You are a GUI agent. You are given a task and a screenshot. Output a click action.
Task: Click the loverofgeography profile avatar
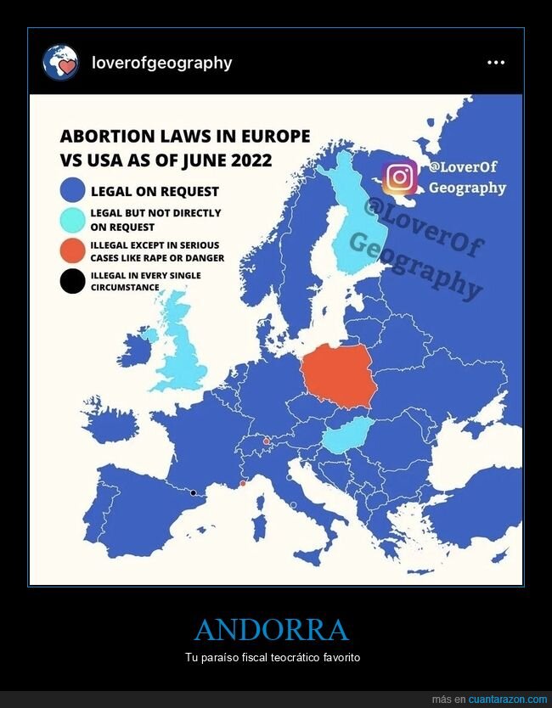coord(60,63)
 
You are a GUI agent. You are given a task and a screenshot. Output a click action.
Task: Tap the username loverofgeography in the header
coord(161,63)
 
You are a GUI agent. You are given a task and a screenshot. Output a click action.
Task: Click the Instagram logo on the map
coord(399,177)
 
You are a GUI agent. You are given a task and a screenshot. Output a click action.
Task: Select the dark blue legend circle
coord(73,191)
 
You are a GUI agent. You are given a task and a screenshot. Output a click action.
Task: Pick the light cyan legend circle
coord(73,220)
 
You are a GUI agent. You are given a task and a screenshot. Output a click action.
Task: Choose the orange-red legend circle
coord(73,251)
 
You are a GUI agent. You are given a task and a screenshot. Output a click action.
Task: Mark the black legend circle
coord(73,280)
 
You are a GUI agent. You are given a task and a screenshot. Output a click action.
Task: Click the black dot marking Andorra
coord(194,492)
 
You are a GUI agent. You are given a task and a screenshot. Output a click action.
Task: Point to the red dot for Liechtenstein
coord(267,441)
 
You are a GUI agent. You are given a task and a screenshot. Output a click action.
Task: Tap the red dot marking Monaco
coord(244,483)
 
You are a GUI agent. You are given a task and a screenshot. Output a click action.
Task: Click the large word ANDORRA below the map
coord(272,631)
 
